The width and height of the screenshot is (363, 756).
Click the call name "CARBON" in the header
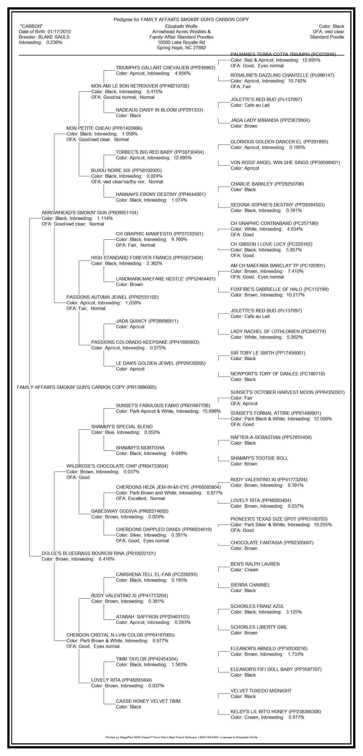[x=31, y=26]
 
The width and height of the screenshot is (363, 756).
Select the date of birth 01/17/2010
[x=59, y=32]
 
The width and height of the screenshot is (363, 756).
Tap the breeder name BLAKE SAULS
[x=54, y=37]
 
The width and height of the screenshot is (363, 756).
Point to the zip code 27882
[x=198, y=48]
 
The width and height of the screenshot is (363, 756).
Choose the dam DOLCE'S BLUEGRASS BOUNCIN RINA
[x=83, y=553]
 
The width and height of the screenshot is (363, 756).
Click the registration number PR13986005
[x=141, y=387]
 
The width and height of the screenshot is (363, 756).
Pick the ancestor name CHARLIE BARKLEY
[x=251, y=184]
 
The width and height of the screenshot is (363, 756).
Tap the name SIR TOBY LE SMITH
[x=252, y=353]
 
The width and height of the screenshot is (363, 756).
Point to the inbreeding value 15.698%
[x=211, y=411]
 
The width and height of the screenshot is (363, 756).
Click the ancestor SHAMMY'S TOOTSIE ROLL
[x=259, y=458]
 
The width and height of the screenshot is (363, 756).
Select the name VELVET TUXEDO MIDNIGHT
[x=261, y=691]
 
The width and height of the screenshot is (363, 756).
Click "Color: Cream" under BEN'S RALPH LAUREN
[x=244, y=570]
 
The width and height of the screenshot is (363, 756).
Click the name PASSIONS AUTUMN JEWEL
[x=97, y=297]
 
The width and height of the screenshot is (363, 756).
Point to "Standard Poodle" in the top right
[x=327, y=37]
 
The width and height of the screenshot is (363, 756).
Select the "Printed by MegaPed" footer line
[x=181, y=737]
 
